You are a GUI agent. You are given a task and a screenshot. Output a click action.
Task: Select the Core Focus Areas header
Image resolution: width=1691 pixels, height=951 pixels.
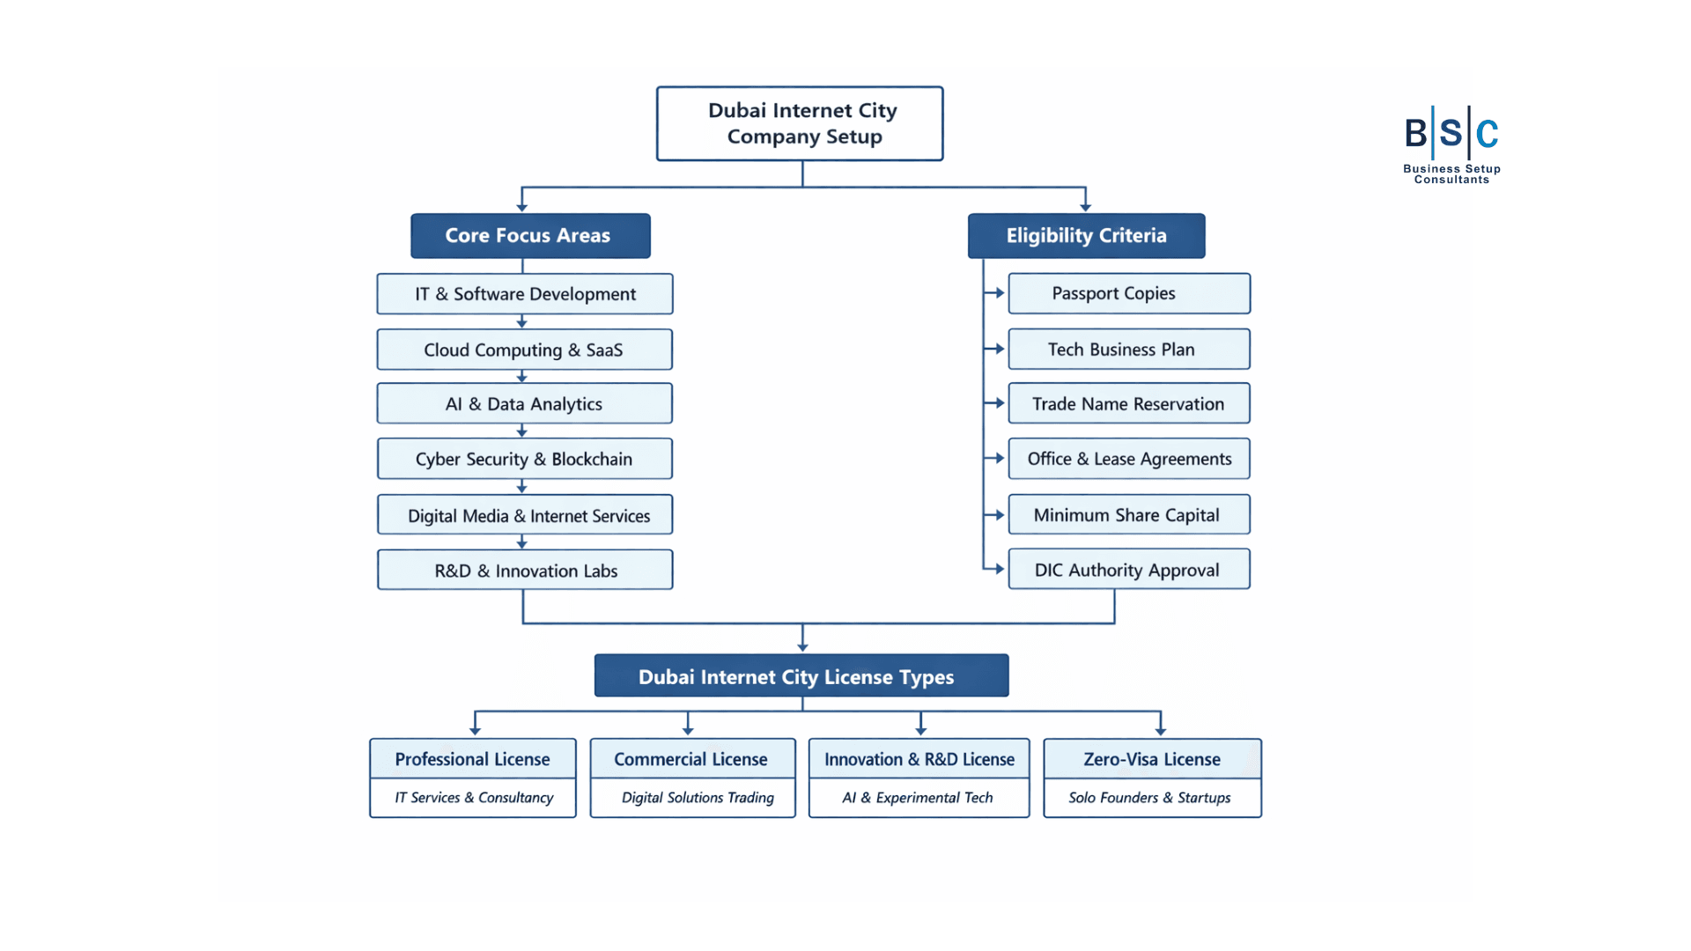tap(530, 235)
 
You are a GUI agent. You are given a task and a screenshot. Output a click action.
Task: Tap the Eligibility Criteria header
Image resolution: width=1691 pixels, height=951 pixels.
tap(1086, 235)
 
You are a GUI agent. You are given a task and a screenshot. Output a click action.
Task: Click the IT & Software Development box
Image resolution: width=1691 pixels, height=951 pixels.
tap(525, 294)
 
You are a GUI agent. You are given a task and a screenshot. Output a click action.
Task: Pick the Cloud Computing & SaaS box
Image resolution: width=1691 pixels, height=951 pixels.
tap(525, 350)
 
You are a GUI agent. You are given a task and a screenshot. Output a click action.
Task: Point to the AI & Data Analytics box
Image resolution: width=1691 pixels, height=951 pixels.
tap(525, 403)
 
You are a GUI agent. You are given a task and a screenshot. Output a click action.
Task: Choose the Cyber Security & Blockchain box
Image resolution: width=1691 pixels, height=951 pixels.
tap(525, 459)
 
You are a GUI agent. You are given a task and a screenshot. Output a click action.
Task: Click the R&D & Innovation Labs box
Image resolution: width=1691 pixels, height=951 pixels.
tap(525, 571)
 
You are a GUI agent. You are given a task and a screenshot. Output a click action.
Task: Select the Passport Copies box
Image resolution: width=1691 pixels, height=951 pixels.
tap(1128, 293)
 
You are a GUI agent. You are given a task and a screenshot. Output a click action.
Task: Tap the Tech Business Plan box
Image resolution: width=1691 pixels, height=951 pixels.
tap(1128, 349)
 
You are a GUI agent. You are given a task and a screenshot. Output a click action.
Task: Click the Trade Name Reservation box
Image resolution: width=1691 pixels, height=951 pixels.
tap(1128, 403)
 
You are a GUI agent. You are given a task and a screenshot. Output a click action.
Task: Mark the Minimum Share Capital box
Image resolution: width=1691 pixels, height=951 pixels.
tap(1128, 514)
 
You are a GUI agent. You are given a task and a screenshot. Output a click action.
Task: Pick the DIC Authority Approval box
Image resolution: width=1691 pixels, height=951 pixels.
tap(1128, 570)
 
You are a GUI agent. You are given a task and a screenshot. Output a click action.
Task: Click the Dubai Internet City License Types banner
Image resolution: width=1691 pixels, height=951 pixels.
tap(801, 676)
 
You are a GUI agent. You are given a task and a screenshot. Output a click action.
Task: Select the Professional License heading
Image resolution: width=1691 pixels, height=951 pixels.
tap(472, 759)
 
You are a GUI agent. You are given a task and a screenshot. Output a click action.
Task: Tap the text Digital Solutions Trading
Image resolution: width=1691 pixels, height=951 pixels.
tap(697, 798)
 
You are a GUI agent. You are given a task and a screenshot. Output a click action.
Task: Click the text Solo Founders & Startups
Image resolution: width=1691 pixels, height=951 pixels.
tap(1149, 798)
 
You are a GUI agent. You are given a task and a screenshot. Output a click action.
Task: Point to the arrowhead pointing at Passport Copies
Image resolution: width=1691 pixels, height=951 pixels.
tap(1000, 293)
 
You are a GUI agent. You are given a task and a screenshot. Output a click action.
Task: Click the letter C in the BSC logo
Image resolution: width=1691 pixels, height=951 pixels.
tap(1488, 134)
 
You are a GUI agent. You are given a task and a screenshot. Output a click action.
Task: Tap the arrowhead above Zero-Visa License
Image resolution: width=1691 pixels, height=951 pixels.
tap(1160, 731)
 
